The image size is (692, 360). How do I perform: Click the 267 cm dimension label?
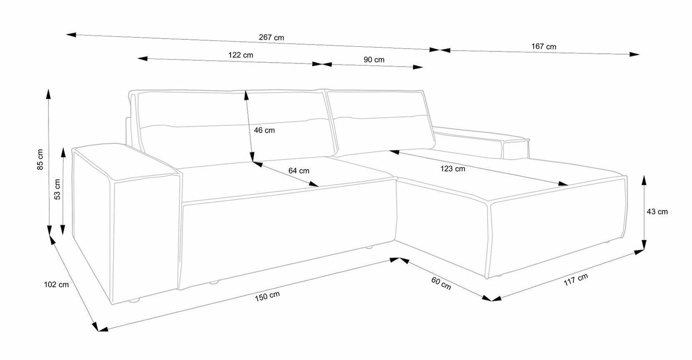271,37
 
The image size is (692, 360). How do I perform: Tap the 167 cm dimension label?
544,47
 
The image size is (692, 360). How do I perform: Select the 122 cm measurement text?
240,55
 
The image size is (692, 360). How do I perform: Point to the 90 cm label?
374,60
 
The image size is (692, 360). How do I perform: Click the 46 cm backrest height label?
264,130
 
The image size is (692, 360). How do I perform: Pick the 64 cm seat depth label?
299,170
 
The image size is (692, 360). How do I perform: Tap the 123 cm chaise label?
452,169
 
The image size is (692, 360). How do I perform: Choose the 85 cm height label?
40,160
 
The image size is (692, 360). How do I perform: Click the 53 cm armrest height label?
57,189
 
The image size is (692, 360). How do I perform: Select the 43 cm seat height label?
657,212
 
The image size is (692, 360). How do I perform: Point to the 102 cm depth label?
56,285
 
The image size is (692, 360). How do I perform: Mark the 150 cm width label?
267,296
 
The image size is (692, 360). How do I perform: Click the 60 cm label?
441,283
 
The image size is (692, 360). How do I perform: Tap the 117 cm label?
576,280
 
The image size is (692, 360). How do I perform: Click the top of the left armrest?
125,161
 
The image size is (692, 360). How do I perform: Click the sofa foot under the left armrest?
134,300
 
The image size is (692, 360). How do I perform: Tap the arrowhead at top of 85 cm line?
48,94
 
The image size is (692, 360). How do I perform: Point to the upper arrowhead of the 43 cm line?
644,180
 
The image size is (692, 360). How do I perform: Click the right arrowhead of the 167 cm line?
634,55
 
